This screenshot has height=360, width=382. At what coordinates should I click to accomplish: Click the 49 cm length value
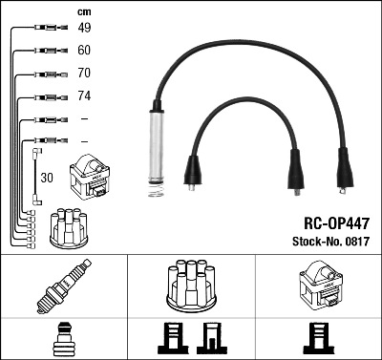coord(84,28)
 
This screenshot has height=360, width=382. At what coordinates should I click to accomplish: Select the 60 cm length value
coord(84,51)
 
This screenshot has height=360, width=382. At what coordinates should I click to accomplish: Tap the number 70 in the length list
coord(84,73)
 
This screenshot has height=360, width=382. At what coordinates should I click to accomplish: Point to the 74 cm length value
coord(84,95)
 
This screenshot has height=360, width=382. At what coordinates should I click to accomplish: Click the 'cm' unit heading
coord(84,12)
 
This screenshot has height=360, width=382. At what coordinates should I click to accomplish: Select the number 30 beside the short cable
coord(47,178)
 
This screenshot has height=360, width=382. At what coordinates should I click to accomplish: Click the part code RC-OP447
coord(336,223)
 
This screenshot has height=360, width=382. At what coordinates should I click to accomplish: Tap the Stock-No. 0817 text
coord(330,242)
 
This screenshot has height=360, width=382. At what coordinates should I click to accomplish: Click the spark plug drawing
coord(64,286)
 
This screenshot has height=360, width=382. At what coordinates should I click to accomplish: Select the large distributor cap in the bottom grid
coord(191,286)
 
